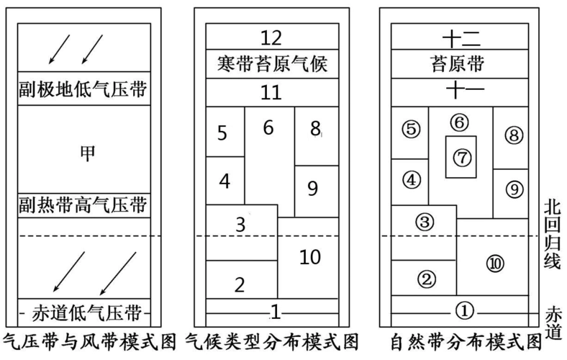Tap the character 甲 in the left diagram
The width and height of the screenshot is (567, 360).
click(88, 153)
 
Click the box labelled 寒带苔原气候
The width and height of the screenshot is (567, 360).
click(272, 65)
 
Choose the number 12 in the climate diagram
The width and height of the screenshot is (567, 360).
click(272, 37)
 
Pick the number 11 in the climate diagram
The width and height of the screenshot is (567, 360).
click(272, 92)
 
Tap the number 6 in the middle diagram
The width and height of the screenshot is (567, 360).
click(268, 128)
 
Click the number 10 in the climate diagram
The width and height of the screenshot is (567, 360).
click(309, 256)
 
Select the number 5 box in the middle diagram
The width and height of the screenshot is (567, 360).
click(223, 132)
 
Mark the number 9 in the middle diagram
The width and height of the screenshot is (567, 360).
click(312, 189)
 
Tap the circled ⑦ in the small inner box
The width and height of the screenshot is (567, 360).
click(461, 156)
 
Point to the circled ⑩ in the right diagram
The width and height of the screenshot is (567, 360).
click(494, 264)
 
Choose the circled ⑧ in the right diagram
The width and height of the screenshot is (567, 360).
click(512, 135)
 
